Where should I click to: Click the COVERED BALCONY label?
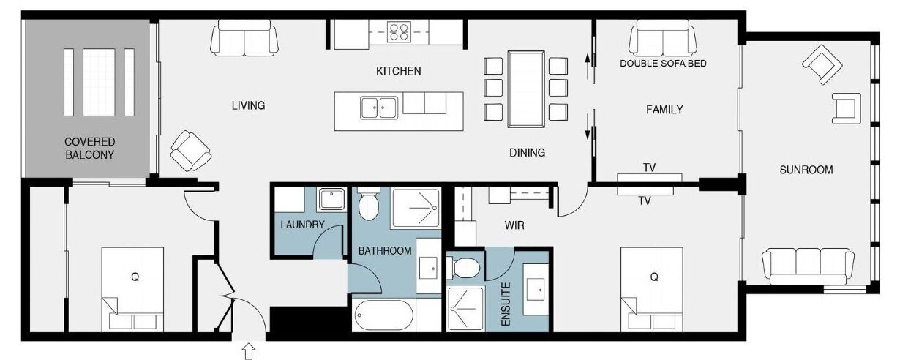pos(89,149)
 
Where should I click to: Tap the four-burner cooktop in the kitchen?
pos(399,31)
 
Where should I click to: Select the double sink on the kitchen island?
pos(379,108)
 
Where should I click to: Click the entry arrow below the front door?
pos(249,350)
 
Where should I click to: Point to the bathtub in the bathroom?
pos(383,316)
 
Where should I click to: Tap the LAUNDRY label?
pos(302,225)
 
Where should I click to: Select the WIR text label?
pos(514,225)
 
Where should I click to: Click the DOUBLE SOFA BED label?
pos(663,64)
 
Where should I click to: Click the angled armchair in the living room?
pos(191,151)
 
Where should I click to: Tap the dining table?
pos(526,89)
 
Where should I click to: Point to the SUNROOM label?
pos(806,170)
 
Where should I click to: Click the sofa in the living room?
pos(244,38)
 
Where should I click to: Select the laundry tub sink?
pos(331,199)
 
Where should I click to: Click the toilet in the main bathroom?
pos(369,203)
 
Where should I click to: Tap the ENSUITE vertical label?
pos(506,304)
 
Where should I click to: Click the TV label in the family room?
pos(649,168)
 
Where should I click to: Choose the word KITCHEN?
pos(399,71)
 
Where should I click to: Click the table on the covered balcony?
pos(99,83)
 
